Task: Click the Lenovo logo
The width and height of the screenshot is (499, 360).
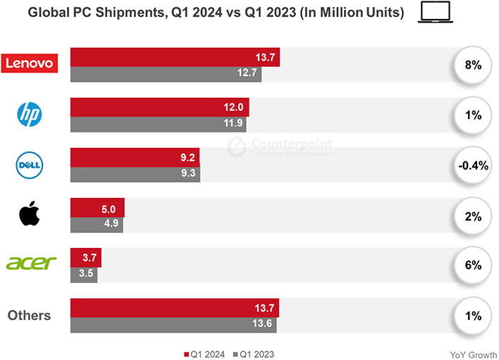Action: tap(29, 63)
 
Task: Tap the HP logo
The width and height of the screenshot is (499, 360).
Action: tap(30, 115)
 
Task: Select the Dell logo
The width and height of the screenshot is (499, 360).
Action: tap(30, 165)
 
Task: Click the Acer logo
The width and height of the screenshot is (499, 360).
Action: tap(30, 263)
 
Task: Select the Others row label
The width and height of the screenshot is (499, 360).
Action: tap(30, 315)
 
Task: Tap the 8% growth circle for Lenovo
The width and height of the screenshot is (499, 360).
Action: tap(472, 66)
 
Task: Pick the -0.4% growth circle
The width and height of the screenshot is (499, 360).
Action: tap(472, 166)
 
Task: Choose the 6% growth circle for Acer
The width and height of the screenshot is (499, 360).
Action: tap(472, 266)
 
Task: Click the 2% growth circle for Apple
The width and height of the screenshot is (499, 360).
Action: tap(472, 216)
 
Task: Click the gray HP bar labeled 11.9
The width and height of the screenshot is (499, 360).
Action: tap(159, 123)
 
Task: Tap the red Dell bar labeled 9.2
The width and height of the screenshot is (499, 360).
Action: tap(135, 156)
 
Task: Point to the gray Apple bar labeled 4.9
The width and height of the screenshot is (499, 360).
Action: tap(97, 224)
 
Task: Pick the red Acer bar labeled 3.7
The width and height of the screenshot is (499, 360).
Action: tap(86, 257)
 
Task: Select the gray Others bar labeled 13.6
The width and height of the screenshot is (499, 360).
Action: tap(173, 324)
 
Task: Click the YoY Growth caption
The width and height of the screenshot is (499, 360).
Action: tap(472, 354)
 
